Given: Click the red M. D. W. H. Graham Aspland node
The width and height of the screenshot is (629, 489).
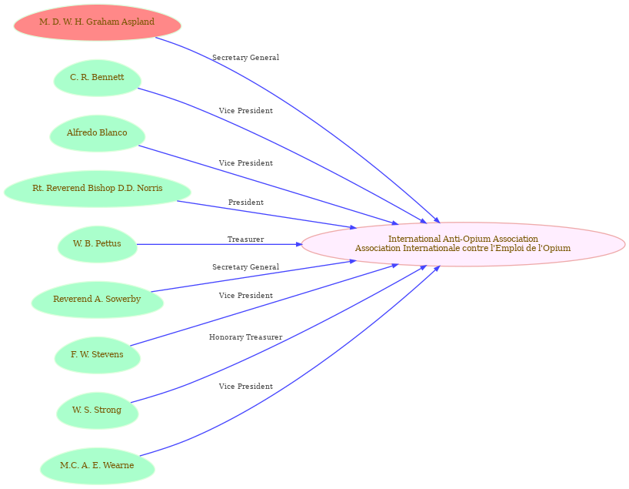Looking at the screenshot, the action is click(x=97, y=22).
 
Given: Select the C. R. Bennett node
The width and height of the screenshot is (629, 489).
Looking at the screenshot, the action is click(x=97, y=78).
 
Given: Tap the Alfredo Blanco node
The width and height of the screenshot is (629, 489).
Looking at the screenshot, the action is click(x=97, y=133).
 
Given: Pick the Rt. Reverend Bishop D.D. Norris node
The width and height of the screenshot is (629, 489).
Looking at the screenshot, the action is click(x=97, y=189).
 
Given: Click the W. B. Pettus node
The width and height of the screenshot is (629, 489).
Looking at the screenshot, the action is click(x=97, y=244).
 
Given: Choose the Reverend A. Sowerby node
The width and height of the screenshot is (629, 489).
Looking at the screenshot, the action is click(x=97, y=300).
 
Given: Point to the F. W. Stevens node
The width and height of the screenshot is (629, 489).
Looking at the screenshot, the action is click(x=97, y=355).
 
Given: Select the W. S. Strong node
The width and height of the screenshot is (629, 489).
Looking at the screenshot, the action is click(x=97, y=410).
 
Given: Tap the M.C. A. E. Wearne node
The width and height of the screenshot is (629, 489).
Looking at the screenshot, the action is click(x=97, y=466).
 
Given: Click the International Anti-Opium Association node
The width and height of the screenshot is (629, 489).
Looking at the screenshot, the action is click(x=463, y=244).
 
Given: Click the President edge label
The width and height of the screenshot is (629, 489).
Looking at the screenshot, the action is click(x=246, y=202).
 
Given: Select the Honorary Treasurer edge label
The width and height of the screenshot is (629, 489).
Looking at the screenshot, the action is click(x=246, y=337).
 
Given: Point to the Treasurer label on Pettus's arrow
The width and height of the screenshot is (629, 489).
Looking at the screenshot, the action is click(x=246, y=239).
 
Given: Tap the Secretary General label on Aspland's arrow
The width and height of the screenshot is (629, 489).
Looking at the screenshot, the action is click(x=246, y=58).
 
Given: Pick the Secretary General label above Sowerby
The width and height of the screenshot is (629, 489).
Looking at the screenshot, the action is click(x=246, y=266).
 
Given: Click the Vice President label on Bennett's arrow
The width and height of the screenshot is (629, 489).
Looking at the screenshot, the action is click(x=246, y=110).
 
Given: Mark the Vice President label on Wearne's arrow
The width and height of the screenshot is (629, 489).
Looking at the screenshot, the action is click(x=246, y=386).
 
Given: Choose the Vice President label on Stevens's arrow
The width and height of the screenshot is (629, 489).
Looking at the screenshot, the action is click(x=246, y=296).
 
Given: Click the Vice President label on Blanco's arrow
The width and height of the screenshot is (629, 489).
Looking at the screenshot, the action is click(x=246, y=162).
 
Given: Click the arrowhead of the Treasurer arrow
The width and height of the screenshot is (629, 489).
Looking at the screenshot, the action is click(x=298, y=244).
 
